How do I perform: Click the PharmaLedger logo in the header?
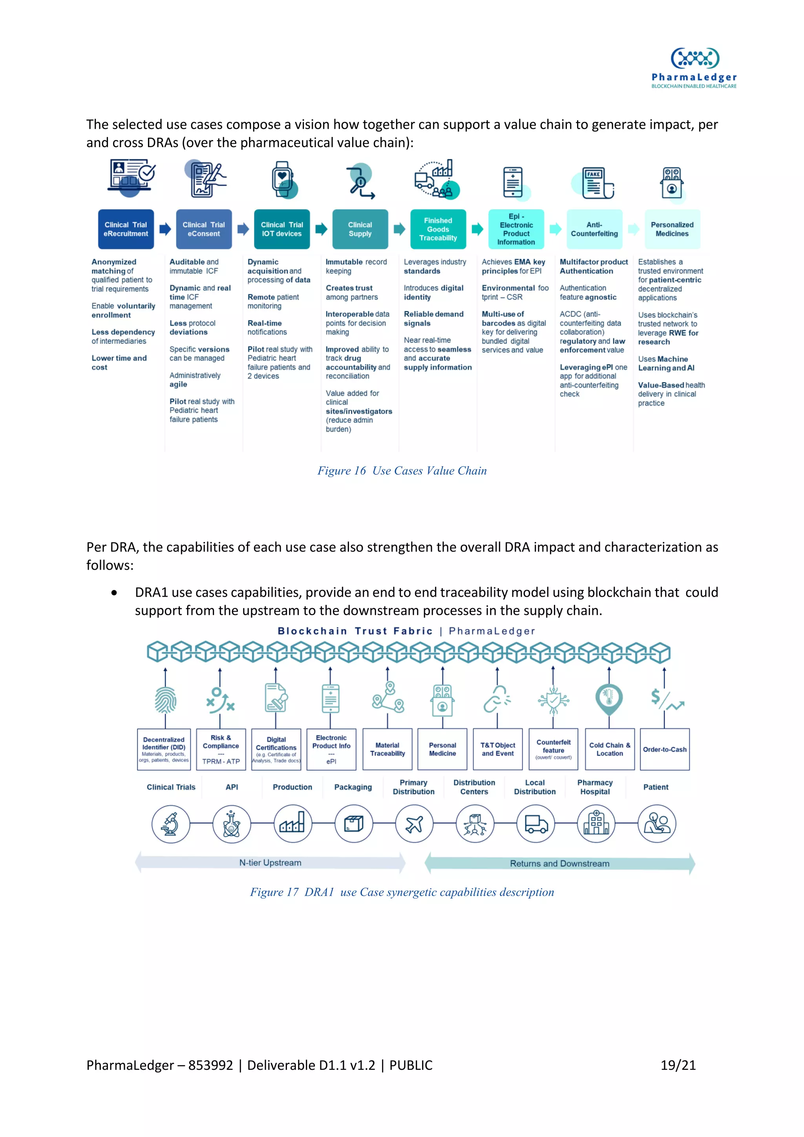click(x=694, y=68)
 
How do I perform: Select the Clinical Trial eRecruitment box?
click(x=126, y=229)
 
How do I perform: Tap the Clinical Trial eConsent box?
click(x=204, y=229)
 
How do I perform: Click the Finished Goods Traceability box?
click(x=438, y=229)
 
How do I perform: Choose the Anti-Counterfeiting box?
click(x=594, y=229)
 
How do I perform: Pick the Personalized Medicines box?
click(x=672, y=229)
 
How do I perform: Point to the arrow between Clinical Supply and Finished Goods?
click(x=399, y=229)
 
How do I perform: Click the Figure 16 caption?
click(x=402, y=470)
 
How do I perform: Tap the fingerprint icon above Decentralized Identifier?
click(x=165, y=700)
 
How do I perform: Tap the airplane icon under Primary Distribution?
click(x=414, y=824)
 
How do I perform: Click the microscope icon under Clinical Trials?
click(x=171, y=824)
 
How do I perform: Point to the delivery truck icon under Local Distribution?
click(x=535, y=824)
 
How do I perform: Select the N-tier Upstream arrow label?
click(x=270, y=863)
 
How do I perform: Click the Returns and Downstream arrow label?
click(x=560, y=864)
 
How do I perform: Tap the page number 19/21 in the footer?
click(x=678, y=1065)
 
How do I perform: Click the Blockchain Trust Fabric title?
click(x=354, y=631)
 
